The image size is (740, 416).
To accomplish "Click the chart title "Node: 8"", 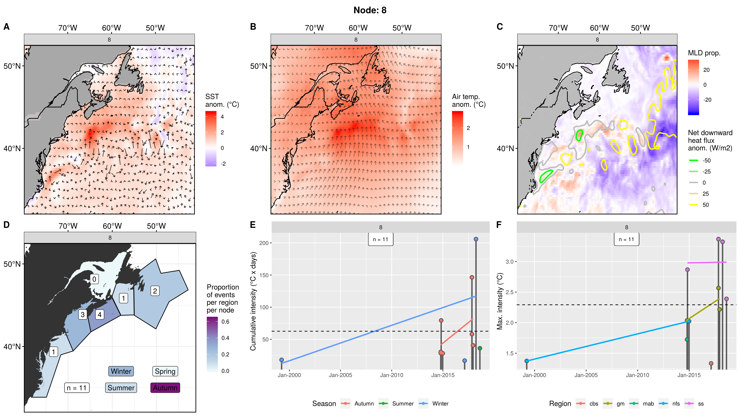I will point(370,10).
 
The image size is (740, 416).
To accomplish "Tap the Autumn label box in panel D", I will point(165,388).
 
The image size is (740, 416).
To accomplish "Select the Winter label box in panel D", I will point(121,371).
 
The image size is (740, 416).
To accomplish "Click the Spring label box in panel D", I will point(165,371).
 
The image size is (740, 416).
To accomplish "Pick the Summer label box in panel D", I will point(121,388).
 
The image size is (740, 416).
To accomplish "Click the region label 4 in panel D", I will point(99,315).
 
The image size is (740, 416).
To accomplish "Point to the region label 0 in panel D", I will point(94,279).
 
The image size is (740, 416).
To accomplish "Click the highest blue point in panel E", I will point(476,239).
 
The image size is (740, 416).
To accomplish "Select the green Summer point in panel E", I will point(480,348).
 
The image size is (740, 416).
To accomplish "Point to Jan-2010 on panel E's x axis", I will point(392,375).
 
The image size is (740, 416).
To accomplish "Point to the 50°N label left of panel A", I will point(12,66).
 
